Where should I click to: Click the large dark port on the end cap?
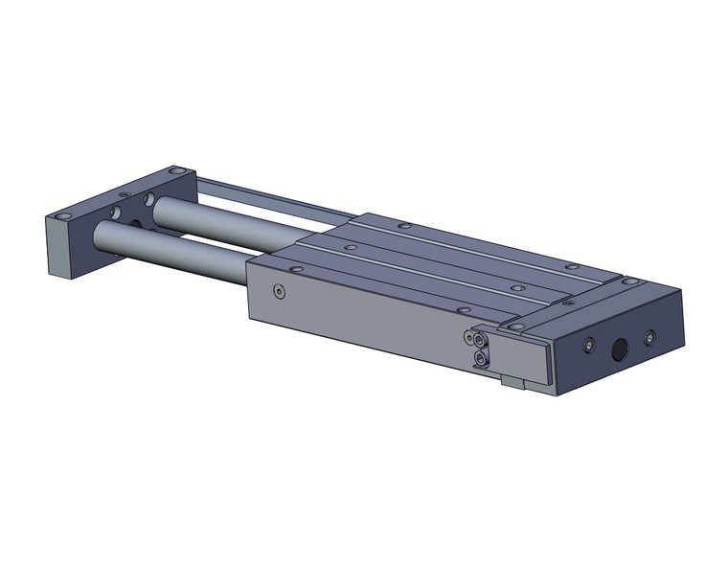(620, 348)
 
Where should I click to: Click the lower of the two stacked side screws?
(480, 358)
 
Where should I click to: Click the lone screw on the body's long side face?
(279, 291)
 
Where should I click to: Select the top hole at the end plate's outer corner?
(64, 215)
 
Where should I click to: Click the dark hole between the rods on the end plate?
(135, 224)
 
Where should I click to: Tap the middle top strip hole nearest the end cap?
(516, 286)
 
